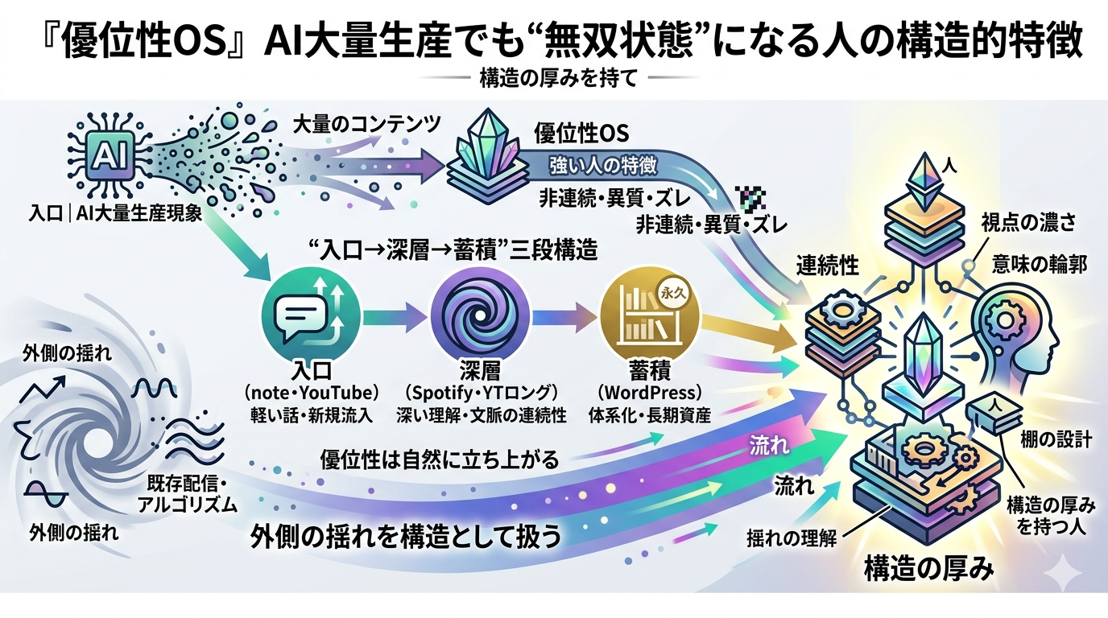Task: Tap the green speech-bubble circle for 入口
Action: pos(312,317)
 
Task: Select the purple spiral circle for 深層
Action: pos(480,317)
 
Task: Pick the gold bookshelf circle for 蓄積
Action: pos(650,317)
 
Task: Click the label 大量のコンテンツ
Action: pos(366,125)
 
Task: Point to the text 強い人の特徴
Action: pos(603,165)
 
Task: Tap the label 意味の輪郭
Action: pos(1040,265)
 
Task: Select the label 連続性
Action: pos(828,267)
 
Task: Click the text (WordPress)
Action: pos(650,393)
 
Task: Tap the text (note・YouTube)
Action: pos(312,393)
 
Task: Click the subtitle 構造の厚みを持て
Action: pos(558,78)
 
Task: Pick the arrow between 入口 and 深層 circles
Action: pos(395,317)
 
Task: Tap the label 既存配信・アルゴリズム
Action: pos(187,493)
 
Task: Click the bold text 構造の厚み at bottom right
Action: pos(928,568)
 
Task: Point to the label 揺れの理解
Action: pos(792,538)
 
